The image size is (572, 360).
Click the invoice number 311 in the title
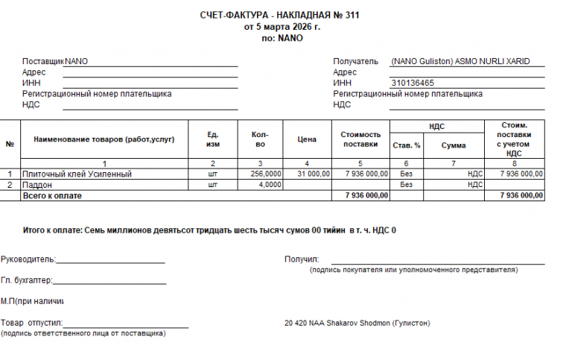click(x=353, y=16)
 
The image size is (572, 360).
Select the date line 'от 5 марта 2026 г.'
click(x=282, y=27)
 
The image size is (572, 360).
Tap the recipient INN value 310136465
click(x=413, y=83)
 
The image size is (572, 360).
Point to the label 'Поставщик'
click(x=43, y=61)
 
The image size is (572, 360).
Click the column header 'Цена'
click(x=307, y=139)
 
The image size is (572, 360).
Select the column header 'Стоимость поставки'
click(x=360, y=139)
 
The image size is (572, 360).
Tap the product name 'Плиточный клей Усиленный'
click(x=77, y=174)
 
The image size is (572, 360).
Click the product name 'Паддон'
click(x=37, y=184)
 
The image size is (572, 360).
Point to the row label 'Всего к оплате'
click(x=52, y=195)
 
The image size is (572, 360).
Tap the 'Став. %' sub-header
click(x=407, y=145)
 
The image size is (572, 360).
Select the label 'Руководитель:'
click(x=28, y=259)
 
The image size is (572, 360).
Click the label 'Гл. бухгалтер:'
click(x=27, y=280)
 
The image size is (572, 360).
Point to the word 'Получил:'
click(x=302, y=259)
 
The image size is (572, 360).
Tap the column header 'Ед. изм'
click(x=213, y=139)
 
